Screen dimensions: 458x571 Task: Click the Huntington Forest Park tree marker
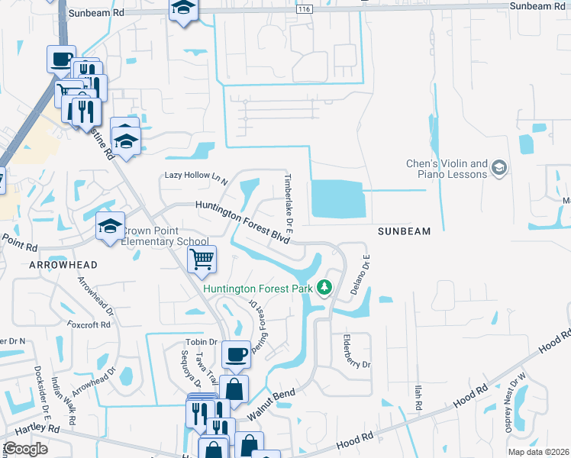(x=325, y=288)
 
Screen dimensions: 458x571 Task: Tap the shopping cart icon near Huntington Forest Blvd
(x=202, y=260)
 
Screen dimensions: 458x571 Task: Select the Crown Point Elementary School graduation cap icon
(x=110, y=227)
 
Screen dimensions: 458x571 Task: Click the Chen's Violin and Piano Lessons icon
(x=499, y=167)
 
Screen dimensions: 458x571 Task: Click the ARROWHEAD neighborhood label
(x=63, y=264)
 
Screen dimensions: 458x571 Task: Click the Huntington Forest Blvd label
(x=242, y=221)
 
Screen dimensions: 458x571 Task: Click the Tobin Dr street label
(x=202, y=341)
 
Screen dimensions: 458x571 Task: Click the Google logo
(x=25, y=449)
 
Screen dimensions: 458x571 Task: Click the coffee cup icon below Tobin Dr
(x=236, y=354)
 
